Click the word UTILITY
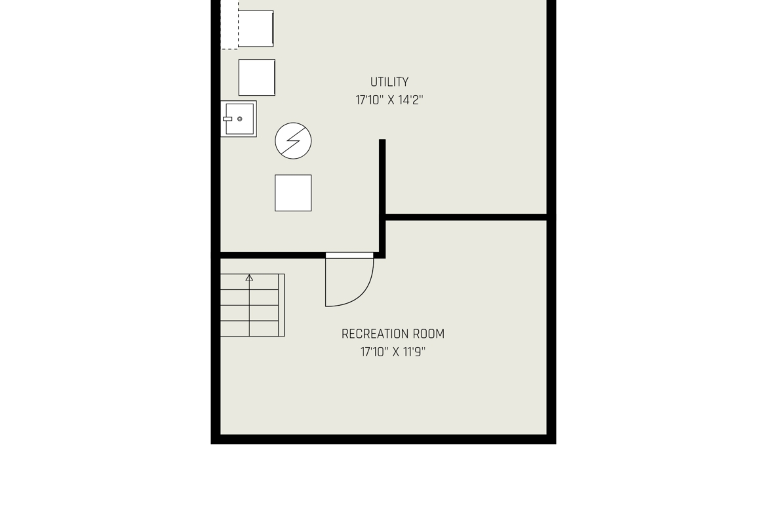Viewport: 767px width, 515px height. click(389, 82)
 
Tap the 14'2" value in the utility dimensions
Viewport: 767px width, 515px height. click(410, 100)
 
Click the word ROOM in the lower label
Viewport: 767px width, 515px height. click(429, 334)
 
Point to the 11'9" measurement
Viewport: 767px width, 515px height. click(414, 352)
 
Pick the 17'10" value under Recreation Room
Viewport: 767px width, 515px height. click(374, 352)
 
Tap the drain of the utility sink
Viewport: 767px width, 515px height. click(240, 119)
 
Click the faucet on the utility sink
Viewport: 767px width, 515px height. click(227, 119)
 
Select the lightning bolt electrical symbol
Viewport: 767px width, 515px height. click(293, 141)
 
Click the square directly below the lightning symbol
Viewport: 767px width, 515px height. click(293, 193)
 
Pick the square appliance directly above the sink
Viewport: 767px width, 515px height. click(257, 77)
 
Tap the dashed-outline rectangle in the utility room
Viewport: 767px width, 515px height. click(229, 24)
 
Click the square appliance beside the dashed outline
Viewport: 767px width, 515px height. click(256, 28)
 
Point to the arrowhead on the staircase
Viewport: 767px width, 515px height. click(250, 278)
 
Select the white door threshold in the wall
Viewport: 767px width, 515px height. click(349, 255)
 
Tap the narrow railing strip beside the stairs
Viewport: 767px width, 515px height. click(282, 305)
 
